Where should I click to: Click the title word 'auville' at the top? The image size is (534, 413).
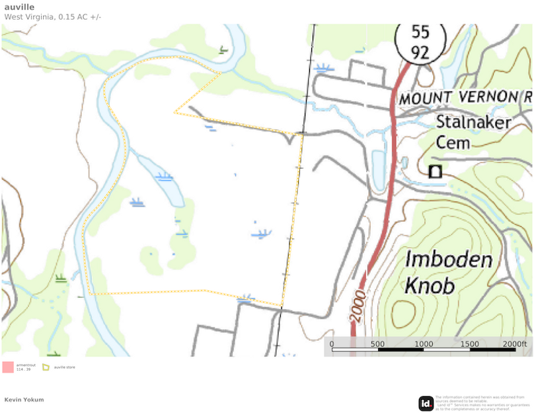19,7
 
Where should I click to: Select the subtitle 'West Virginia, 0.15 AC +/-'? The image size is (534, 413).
53,17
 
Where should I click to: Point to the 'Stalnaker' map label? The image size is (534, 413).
473,122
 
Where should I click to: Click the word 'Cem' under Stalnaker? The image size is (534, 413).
453,142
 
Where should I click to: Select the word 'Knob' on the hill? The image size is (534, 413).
429,286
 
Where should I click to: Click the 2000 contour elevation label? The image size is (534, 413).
358,306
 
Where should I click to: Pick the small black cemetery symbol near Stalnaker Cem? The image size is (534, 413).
435,172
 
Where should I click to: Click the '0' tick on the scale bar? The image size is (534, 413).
332,344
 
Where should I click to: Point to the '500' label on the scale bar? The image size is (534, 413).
377,344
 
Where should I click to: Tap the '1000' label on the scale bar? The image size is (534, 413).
424,344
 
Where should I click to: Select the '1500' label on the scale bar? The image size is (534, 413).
470,344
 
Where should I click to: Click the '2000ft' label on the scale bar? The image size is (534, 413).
515,344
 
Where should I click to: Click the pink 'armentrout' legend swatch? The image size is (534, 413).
8,367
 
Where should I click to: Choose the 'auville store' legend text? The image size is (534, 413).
64,367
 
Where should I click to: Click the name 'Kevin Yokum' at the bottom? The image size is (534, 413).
24,400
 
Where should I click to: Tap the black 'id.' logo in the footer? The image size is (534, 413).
426,403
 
